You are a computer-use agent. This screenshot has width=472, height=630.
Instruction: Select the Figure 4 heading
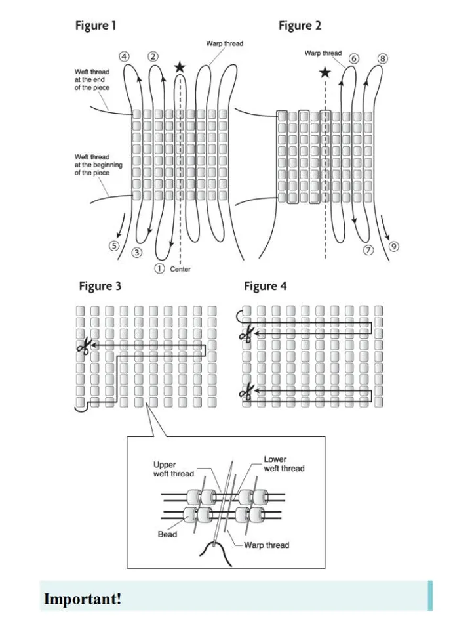point(265,286)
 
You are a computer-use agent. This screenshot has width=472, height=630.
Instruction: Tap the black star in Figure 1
point(180,67)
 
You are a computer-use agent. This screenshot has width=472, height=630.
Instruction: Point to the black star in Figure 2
point(324,72)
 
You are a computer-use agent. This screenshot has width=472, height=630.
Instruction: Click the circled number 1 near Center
point(159,268)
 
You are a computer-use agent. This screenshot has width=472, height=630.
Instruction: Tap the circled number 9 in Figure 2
point(394,247)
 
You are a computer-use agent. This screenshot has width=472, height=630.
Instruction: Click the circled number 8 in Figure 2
point(383,58)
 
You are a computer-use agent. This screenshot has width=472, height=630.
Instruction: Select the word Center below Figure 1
point(180,269)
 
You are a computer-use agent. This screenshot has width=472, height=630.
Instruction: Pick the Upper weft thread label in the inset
point(174,469)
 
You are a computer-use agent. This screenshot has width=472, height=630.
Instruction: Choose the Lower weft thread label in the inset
point(284,464)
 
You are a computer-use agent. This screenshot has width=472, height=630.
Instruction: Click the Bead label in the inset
point(167,534)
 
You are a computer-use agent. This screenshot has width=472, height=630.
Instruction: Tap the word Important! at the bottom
point(83,599)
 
